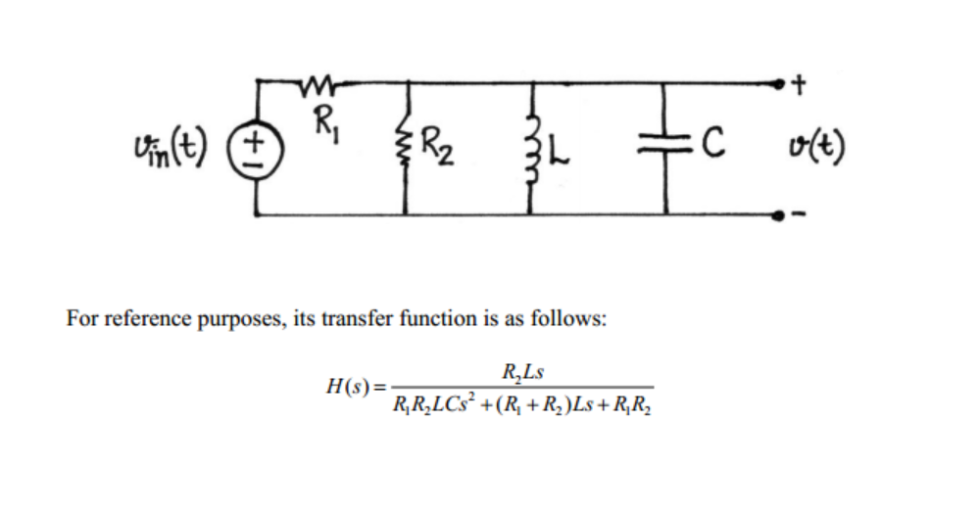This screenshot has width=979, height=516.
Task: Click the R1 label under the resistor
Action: (320, 124)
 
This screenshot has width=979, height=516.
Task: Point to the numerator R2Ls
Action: (521, 372)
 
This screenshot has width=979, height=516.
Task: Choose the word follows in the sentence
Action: (571, 319)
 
